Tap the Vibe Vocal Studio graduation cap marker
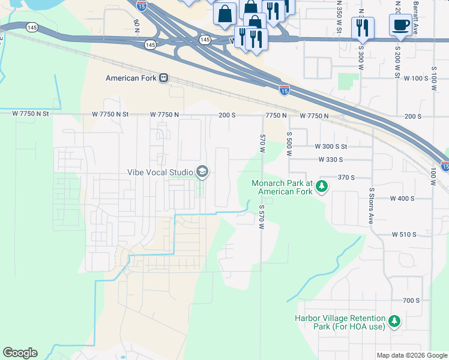[x=202, y=172]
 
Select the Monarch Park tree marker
[x=322, y=187]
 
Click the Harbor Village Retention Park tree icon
[x=394, y=322]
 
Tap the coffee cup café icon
[x=400, y=25]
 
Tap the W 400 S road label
[x=402, y=199]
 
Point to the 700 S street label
[x=411, y=300]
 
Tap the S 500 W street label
[x=289, y=143]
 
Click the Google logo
[x=20, y=353]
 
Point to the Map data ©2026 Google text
[x=412, y=355]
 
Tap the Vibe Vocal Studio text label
[x=160, y=172]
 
